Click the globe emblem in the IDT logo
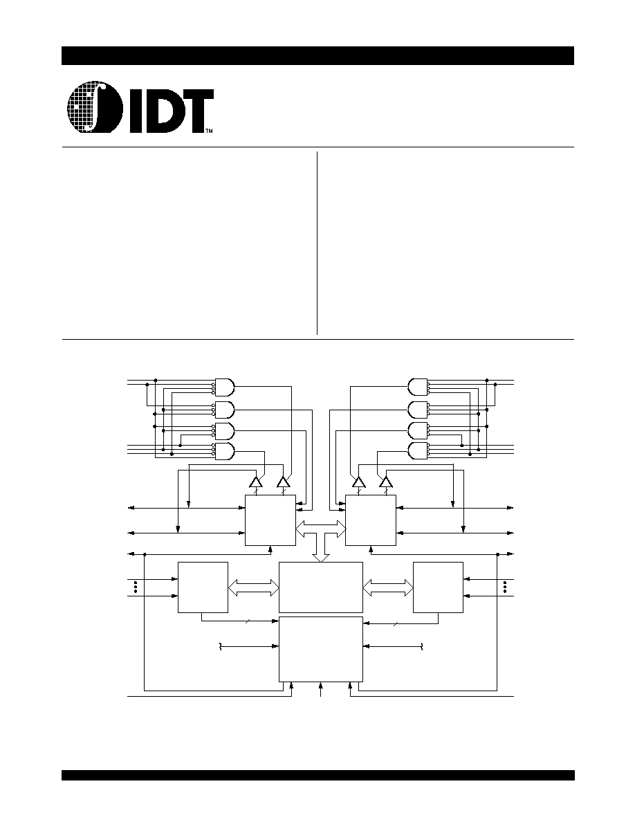point(95,107)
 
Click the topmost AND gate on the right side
point(418,387)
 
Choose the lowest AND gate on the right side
point(418,451)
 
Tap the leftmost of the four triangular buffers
point(256,482)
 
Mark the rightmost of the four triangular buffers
point(386,482)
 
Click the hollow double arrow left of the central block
point(254,587)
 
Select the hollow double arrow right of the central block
point(387,587)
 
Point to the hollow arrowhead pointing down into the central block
point(320,557)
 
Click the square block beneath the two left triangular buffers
point(270,520)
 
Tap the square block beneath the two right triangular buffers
point(371,520)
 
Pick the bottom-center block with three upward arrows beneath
point(321,649)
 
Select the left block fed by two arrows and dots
point(203,587)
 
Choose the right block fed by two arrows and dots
point(438,587)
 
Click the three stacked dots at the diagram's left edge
point(136,587)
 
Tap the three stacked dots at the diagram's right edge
point(506,587)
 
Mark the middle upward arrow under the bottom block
point(321,689)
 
